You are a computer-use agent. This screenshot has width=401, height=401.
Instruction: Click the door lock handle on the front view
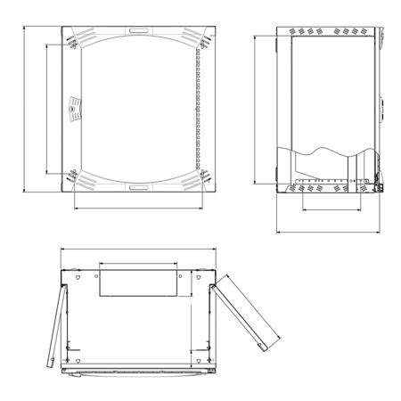pos(75,110)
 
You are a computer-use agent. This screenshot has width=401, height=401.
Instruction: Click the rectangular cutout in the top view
pos(139,283)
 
